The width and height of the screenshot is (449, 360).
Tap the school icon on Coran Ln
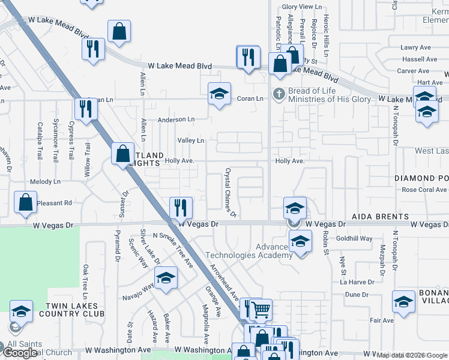pos(220,94)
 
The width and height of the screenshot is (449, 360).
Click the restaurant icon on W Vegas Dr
pos(181,207)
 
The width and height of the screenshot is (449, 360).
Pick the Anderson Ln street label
pos(176,119)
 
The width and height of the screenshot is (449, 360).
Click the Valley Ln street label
pos(191,140)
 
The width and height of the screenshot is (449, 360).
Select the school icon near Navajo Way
pos(166,278)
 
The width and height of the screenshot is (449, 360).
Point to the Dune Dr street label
pos(356,295)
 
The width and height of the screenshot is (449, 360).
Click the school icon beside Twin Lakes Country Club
pos(21,311)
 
